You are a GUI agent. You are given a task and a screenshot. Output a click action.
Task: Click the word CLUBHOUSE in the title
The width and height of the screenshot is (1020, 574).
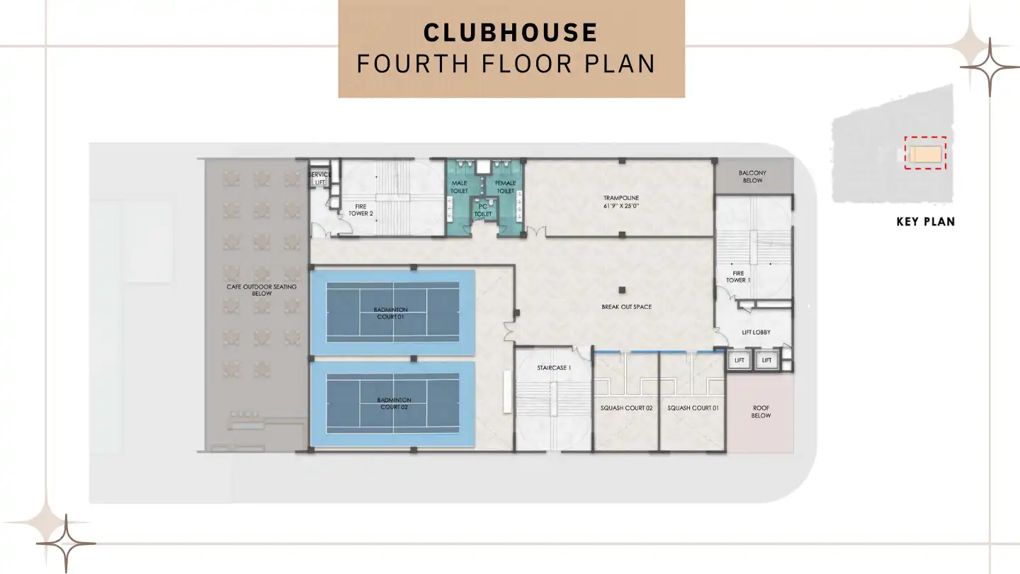510,33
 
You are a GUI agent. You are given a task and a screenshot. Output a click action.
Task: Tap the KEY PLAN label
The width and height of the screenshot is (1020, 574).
925,222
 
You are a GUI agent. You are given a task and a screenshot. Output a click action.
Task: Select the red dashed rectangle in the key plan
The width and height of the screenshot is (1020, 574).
925,154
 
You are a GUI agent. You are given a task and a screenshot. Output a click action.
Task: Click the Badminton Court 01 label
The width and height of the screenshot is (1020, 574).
391,313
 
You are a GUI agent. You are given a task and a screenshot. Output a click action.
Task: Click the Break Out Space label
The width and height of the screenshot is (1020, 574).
626,307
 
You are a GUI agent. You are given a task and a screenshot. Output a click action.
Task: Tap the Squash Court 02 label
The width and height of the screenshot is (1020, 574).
626,408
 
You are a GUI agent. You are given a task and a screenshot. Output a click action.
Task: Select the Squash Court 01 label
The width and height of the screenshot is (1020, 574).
693,408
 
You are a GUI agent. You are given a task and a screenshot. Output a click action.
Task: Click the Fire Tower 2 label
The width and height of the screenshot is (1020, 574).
361,210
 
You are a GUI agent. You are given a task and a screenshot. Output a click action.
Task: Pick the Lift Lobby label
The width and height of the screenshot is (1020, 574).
756,332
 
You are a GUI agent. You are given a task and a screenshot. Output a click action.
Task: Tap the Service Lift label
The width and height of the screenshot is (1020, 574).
320,179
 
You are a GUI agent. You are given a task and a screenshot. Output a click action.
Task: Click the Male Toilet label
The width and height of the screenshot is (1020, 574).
460,187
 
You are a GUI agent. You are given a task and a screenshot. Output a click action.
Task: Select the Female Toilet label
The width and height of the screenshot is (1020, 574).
505,187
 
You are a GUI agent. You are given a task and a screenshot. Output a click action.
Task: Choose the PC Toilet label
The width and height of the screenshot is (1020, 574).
482,210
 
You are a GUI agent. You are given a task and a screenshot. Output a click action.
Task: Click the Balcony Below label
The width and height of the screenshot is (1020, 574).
752,176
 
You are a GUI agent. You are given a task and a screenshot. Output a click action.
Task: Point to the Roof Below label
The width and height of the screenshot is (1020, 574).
761,412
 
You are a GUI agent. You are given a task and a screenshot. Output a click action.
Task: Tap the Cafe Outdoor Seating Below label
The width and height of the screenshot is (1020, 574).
261,290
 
